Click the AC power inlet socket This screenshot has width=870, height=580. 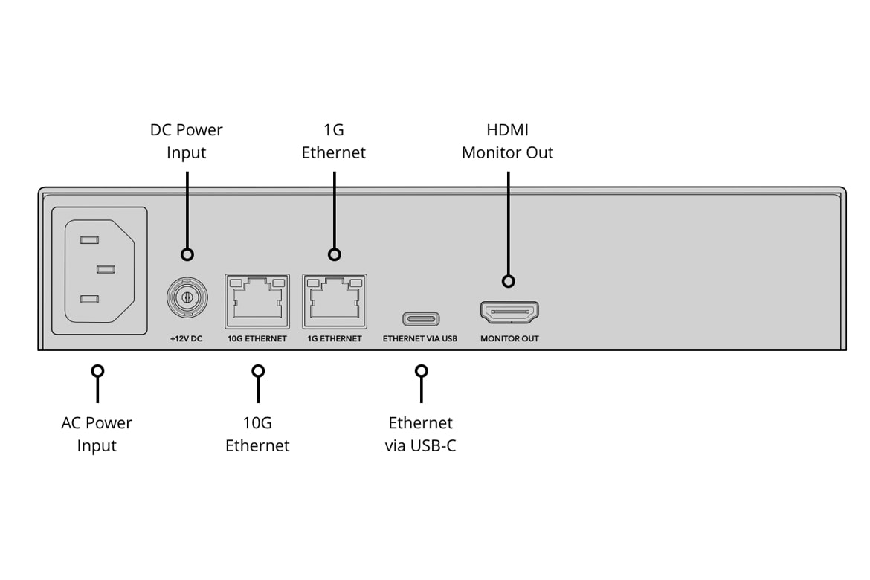point(99,271)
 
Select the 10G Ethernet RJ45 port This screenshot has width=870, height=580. point(257,301)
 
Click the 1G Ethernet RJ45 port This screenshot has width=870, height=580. point(334,301)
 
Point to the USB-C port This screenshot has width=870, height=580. point(421,318)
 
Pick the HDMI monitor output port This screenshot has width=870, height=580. point(509,312)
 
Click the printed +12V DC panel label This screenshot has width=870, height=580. point(187,339)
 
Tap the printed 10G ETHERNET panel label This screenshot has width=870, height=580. point(257,339)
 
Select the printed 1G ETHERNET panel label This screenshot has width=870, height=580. point(334,339)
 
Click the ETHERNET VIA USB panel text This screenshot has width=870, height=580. point(420,339)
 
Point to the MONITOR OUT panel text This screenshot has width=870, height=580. point(509,339)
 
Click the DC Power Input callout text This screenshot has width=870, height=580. point(187,141)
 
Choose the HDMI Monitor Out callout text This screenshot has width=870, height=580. point(508,141)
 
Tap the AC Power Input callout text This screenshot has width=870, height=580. point(97,434)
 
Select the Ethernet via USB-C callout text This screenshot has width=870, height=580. point(421,434)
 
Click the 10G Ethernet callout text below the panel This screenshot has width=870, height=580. point(257,434)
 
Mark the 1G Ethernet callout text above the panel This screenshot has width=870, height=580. point(334,141)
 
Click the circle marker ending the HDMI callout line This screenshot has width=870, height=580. point(509,281)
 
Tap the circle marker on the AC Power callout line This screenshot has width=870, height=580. point(97,370)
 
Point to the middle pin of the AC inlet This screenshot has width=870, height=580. point(105,269)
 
